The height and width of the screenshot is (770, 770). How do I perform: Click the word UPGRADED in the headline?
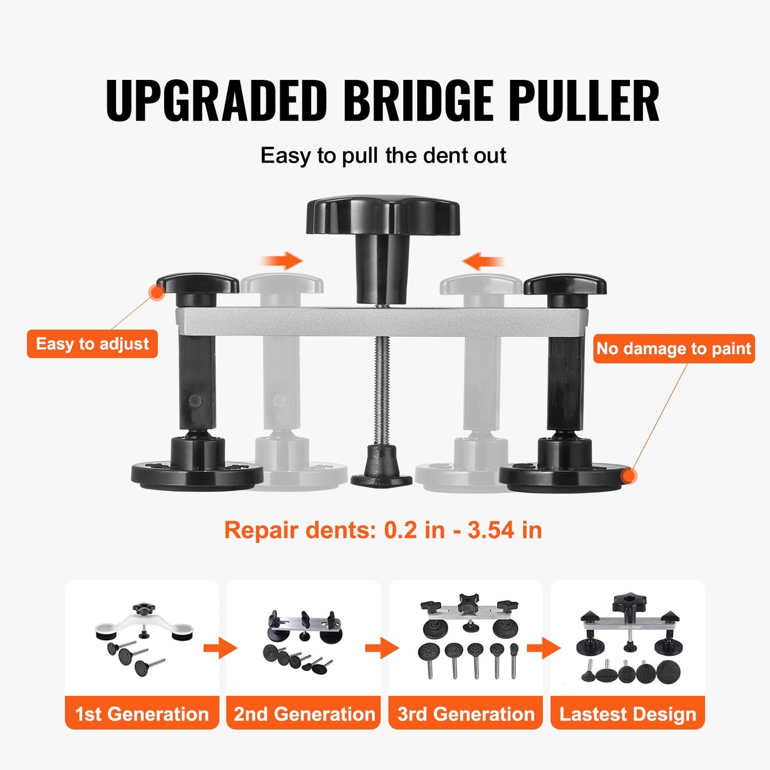[216, 101]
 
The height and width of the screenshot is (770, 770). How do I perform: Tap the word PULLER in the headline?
[583, 101]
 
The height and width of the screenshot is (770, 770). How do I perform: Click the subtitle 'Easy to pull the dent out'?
[383, 156]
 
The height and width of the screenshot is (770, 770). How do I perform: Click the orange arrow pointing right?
[282, 261]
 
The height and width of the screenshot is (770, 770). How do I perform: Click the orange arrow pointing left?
[483, 261]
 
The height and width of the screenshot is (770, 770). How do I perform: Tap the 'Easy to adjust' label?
[92, 344]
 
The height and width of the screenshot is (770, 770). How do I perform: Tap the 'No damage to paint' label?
[674, 348]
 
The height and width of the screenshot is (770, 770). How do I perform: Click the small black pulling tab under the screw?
[381, 469]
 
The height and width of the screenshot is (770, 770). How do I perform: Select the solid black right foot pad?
[562, 474]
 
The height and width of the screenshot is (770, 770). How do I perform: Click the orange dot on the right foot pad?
[629, 476]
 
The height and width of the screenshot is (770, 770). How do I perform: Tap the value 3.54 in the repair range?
[491, 530]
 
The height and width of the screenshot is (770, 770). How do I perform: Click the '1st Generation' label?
[142, 714]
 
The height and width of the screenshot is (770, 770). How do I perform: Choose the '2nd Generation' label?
[304, 714]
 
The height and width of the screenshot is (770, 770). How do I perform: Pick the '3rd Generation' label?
[466, 714]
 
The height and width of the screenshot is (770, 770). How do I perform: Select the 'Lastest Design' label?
[628, 714]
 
